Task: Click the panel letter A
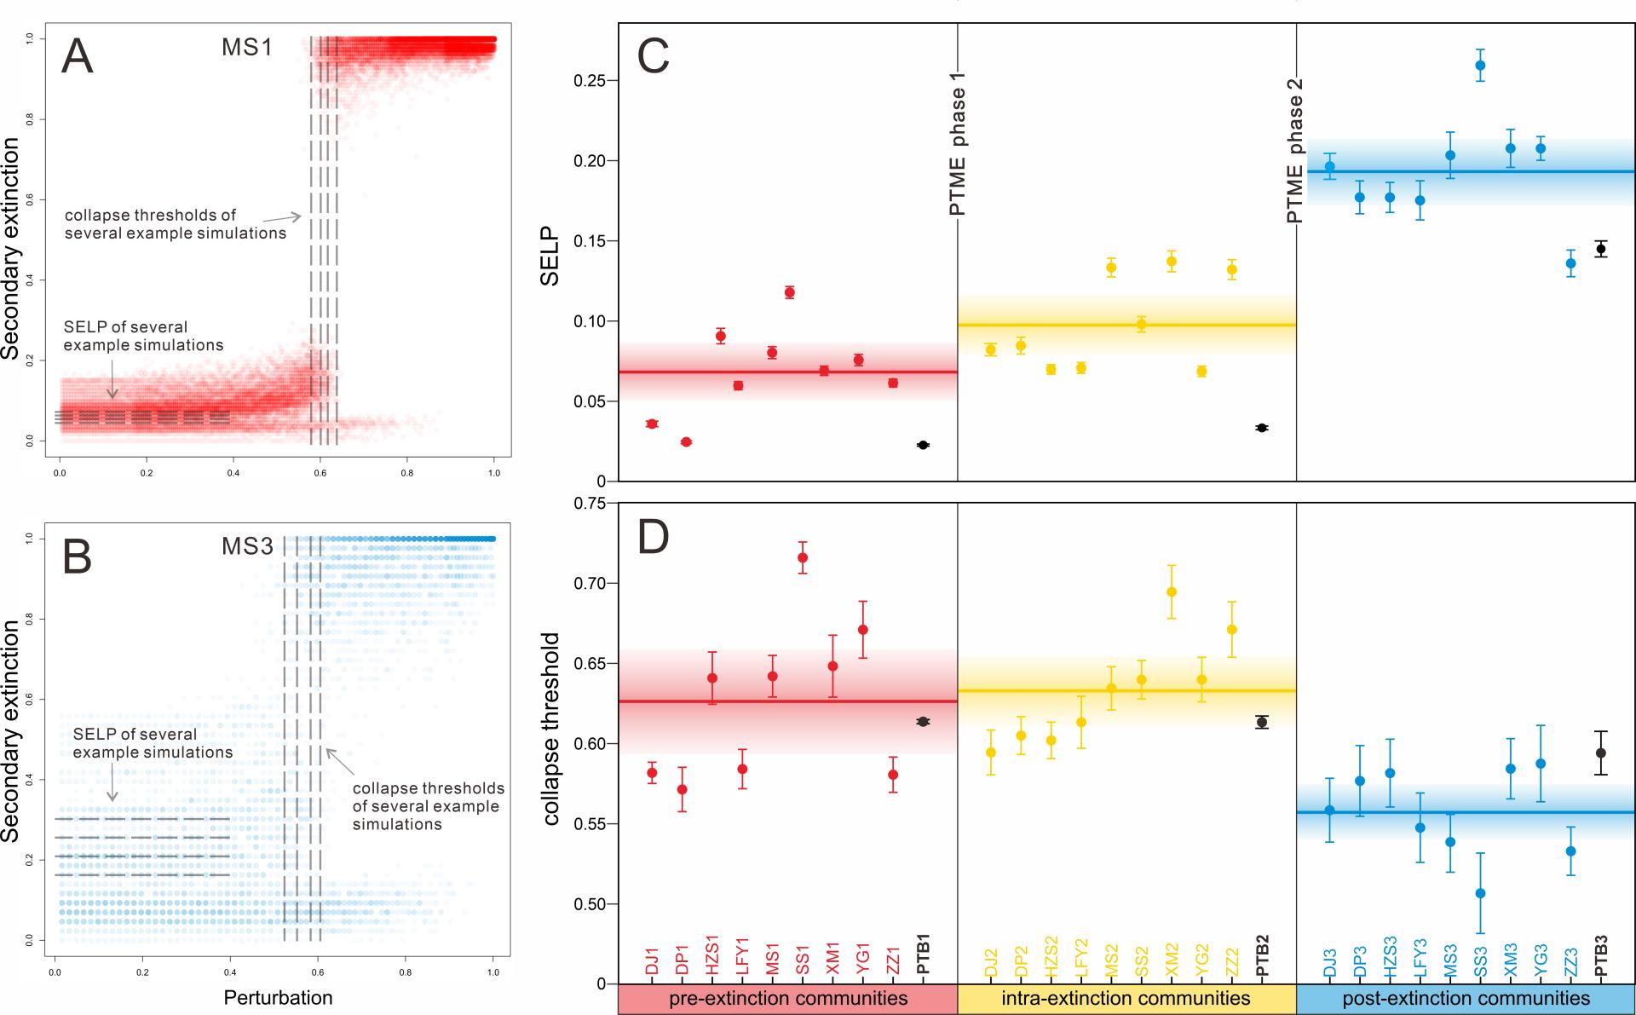(x=78, y=57)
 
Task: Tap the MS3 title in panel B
(x=247, y=546)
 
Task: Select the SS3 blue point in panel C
(x=1480, y=65)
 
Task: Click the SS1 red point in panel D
(x=802, y=558)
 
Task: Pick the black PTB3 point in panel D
(x=1601, y=753)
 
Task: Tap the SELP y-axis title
(x=550, y=255)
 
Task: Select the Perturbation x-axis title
(x=278, y=997)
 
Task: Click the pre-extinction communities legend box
(x=788, y=999)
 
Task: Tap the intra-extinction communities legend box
(x=1126, y=999)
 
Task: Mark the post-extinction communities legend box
(x=1466, y=999)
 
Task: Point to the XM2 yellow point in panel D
(x=1172, y=592)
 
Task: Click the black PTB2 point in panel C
(x=1262, y=428)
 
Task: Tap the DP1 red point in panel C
(x=686, y=441)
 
